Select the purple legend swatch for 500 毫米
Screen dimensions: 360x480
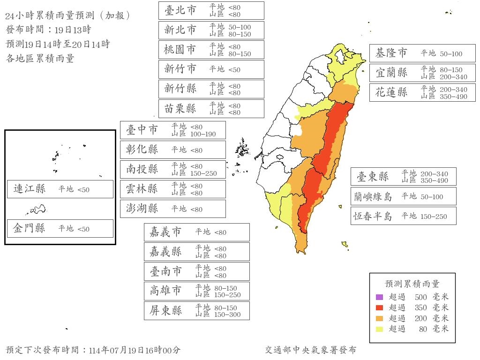point(380,297)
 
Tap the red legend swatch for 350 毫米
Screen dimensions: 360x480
point(380,307)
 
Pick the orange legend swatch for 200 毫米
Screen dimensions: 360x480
point(380,318)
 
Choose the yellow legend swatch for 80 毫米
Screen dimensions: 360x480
point(380,329)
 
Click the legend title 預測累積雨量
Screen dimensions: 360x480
point(412,284)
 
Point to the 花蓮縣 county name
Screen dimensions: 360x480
point(391,92)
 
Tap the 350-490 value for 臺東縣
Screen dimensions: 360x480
point(435,180)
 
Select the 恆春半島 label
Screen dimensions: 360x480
point(373,217)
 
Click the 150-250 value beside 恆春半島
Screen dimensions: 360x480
point(434,217)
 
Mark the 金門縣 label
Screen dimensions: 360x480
point(30,229)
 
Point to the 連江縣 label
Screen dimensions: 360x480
point(30,189)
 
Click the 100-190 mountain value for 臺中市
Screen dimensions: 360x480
point(203,134)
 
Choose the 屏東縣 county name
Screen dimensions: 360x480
point(166,311)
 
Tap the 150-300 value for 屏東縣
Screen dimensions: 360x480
point(227,315)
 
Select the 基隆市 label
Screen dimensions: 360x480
point(391,53)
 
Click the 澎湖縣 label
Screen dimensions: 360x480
point(142,209)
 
